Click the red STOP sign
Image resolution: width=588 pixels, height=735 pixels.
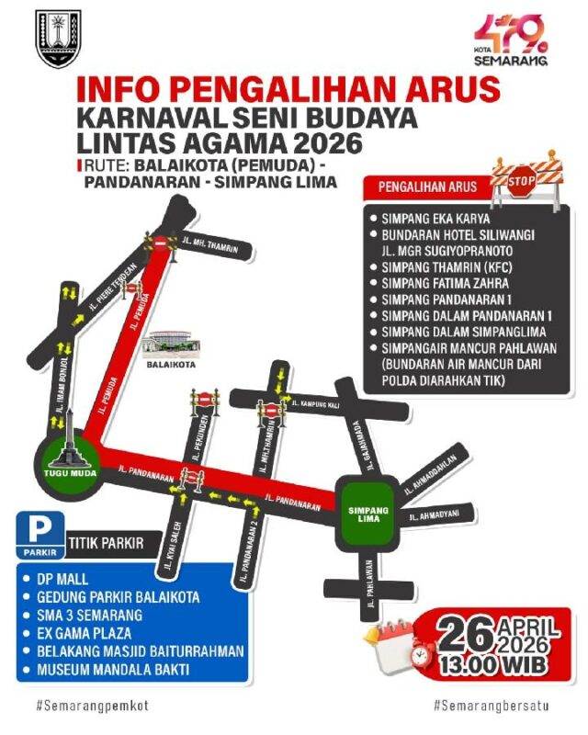pos(522,183)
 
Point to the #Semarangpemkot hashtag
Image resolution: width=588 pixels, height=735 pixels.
pos(93,706)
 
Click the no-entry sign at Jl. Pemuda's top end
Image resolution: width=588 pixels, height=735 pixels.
pos(159,243)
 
